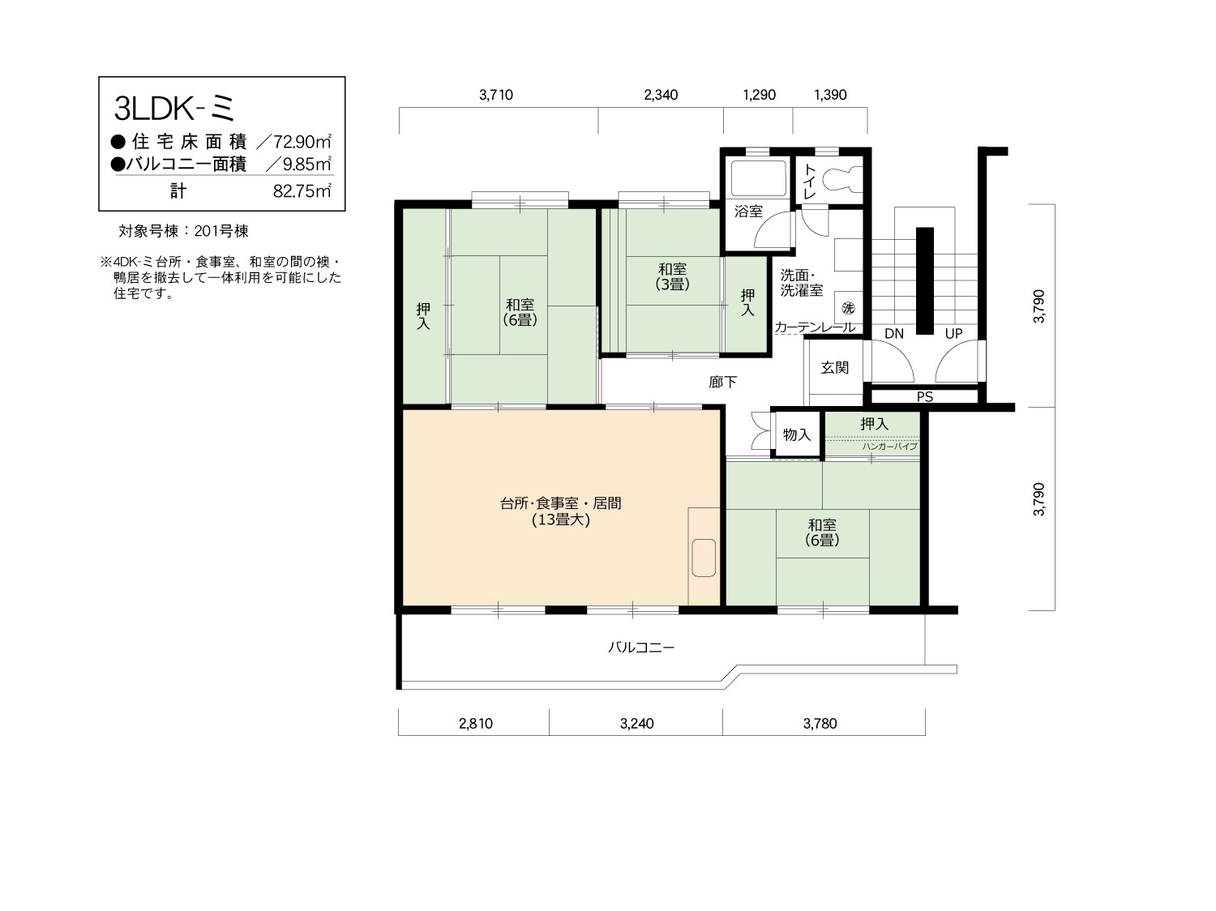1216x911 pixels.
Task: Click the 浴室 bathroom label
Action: pos(748,211)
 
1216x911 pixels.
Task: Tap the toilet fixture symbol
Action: pos(841,179)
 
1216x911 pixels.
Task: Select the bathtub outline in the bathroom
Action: pos(758,177)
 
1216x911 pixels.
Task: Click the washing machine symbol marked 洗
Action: pos(848,308)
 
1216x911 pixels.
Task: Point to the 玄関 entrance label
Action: pos(834,367)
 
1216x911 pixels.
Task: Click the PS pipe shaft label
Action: pos(925,396)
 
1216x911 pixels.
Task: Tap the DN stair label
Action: pos(894,333)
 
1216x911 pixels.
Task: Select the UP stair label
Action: pos(953,333)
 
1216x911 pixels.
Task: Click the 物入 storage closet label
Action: pos(797,434)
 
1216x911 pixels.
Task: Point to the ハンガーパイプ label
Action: pos(889,446)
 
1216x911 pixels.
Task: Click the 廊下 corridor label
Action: pos(723,382)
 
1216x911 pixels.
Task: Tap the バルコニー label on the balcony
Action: pos(641,647)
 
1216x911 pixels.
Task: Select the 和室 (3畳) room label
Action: pos(673,276)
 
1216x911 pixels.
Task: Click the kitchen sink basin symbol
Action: pos(704,557)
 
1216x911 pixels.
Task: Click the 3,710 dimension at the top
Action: pos(496,95)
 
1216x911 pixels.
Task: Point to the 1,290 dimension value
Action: pos(759,95)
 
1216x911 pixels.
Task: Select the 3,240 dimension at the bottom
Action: pos(637,723)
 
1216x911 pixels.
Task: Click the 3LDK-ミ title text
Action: pos(174,109)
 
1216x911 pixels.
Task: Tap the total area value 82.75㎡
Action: pos(302,191)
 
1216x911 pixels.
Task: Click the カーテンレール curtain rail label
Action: pos(815,327)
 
